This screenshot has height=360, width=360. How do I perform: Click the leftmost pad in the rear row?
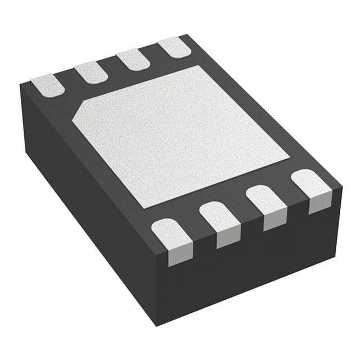tap(48, 85)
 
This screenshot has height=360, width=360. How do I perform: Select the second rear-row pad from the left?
tap(91, 72)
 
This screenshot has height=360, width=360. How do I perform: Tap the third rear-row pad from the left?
tap(133, 59)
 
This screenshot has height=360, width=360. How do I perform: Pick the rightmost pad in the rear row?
tap(174, 47)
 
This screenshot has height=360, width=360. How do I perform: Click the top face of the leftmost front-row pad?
tap(171, 233)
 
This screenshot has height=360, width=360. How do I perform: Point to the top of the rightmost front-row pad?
tap(310, 183)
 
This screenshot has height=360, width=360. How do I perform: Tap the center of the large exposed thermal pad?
tap(180, 135)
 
